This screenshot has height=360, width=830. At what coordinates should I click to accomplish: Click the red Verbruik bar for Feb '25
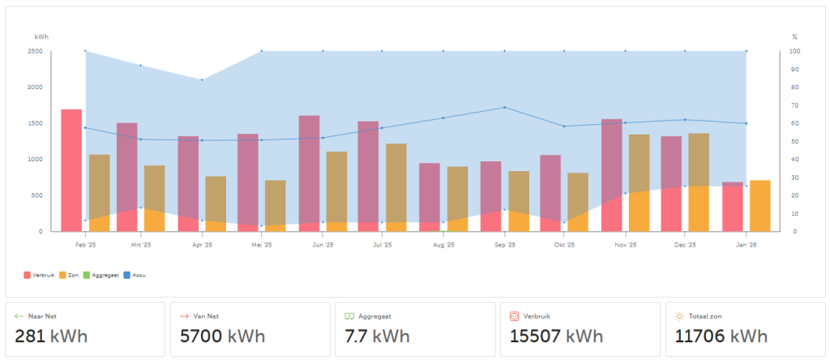(71, 170)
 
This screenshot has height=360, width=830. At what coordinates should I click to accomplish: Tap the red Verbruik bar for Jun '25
(309, 174)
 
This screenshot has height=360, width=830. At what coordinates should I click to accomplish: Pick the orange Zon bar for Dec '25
(699, 182)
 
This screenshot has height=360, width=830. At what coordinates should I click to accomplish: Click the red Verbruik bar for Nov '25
(612, 175)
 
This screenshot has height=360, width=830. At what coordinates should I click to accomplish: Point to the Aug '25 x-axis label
(443, 244)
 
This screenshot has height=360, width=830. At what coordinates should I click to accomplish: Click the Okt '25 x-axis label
(564, 244)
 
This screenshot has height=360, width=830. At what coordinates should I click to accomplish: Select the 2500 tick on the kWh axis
(35, 51)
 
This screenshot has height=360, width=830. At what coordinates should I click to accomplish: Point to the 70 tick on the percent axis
(795, 105)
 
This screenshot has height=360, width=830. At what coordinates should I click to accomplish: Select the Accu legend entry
(137, 275)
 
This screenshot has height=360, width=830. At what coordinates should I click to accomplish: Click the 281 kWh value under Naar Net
(51, 336)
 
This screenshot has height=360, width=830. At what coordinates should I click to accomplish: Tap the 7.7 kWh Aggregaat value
(377, 336)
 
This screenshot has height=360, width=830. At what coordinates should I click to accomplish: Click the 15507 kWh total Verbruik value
(556, 336)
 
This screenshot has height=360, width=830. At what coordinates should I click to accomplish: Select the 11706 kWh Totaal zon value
(716, 336)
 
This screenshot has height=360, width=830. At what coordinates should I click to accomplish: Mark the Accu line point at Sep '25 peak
(504, 107)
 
